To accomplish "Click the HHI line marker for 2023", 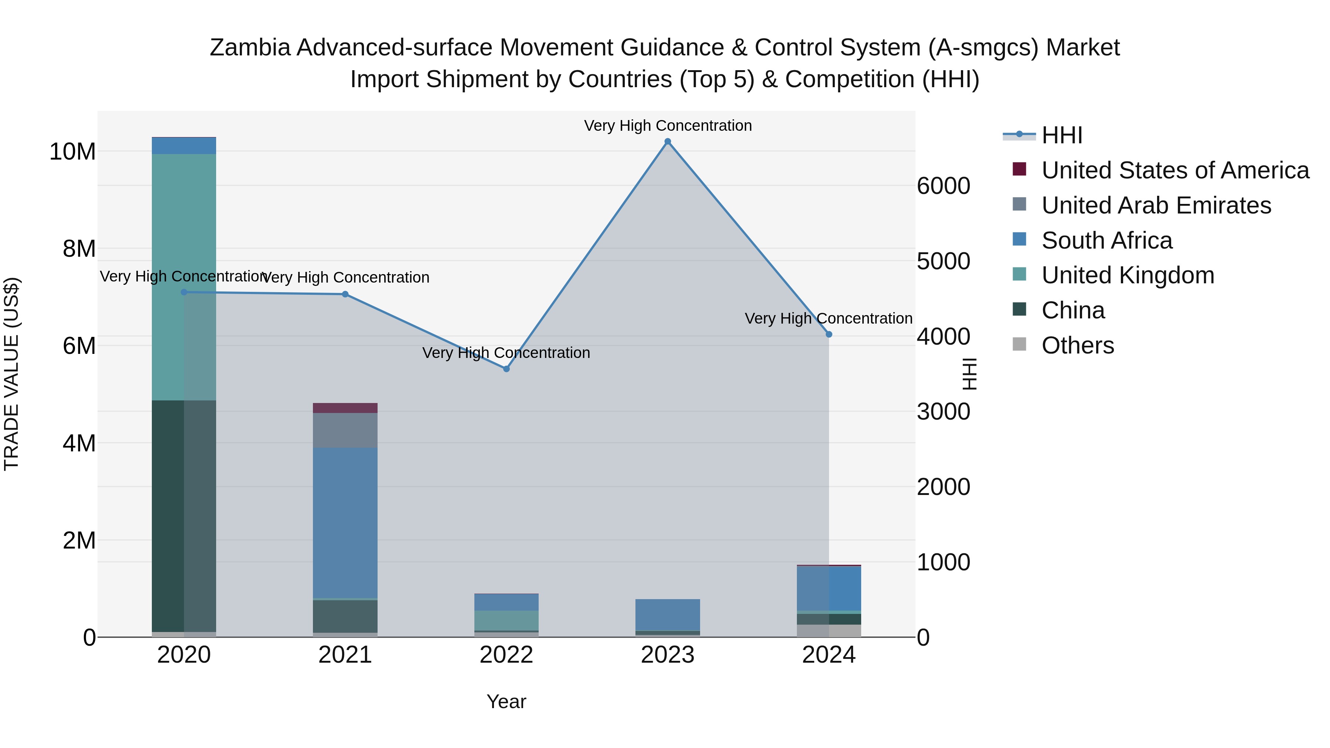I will (x=667, y=141).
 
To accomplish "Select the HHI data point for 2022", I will (x=506, y=369).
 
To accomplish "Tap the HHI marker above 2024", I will (x=829, y=335).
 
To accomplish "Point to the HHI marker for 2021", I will (x=345, y=294).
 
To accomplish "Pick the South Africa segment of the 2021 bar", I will (x=345, y=522).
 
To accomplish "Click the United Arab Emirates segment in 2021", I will (x=345, y=430).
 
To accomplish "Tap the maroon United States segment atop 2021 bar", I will (x=345, y=408).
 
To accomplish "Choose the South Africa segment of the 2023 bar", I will (x=667, y=615).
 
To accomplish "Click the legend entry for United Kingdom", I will (x=1128, y=275).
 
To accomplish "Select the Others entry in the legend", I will (x=1078, y=345).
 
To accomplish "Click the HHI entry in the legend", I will (x=1061, y=135).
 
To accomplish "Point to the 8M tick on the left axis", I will (x=79, y=249).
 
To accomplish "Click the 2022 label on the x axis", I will (x=506, y=655).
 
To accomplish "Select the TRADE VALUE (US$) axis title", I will (x=11, y=374).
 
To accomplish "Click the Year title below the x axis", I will (x=506, y=701).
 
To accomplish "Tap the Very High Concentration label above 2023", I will (x=667, y=126).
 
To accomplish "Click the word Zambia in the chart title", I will (x=250, y=48).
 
